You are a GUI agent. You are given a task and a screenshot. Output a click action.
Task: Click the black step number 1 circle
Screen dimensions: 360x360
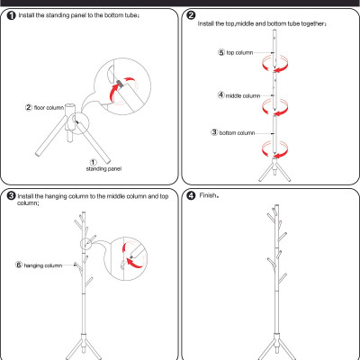11,16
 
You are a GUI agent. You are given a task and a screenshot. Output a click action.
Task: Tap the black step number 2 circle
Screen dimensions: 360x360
191,15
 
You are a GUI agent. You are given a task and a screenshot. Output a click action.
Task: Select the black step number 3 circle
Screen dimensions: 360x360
11,196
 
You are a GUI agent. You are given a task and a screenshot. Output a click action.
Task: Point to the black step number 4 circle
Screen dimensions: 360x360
191,196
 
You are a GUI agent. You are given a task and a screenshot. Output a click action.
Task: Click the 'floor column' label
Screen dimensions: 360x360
49,107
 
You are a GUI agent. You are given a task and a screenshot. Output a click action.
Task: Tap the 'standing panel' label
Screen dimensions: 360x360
103,169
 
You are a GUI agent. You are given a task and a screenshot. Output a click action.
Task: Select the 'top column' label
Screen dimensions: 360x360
239,53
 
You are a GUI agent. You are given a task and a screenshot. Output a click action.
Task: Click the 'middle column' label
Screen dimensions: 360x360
243,96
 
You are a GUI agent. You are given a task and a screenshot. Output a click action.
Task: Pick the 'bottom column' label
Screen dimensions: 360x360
237,132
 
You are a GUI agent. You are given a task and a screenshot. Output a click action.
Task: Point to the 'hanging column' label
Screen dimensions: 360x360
43,265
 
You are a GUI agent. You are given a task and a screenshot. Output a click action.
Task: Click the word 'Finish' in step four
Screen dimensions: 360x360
208,195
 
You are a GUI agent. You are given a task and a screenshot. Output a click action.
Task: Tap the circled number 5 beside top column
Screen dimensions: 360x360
221,52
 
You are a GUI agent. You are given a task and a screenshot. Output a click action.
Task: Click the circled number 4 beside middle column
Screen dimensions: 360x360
220,95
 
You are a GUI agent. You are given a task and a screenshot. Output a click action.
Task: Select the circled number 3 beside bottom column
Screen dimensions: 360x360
214,132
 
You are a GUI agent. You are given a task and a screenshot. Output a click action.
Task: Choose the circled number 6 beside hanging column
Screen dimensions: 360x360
19,265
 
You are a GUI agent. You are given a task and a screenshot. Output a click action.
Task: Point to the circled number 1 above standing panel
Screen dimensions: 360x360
94,163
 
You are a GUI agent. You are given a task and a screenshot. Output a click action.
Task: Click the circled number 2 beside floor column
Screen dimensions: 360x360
29,107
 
